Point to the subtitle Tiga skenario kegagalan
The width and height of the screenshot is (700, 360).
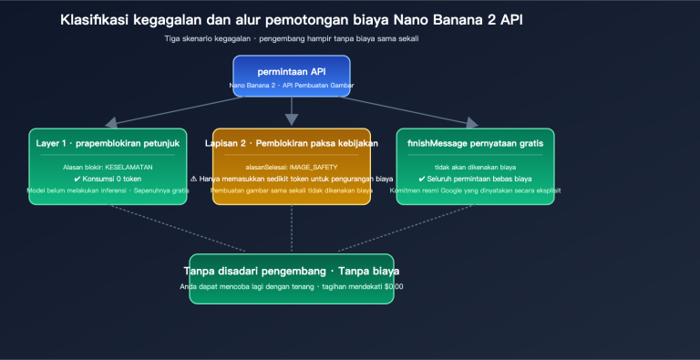tap(292, 38)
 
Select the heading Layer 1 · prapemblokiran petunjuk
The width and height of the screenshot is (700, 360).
tap(108, 143)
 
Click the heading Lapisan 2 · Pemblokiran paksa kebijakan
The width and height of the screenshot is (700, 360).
tap(292, 143)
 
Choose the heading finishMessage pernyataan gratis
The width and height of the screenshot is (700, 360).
tap(475, 143)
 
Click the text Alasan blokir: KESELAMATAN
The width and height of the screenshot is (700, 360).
tap(108, 167)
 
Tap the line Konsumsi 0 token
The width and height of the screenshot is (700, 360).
tap(108, 179)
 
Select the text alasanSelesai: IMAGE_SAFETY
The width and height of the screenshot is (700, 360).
tap(292, 167)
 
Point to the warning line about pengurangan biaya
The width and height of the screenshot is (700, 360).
tap(292, 179)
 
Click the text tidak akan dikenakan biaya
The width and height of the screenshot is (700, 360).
tap(475, 167)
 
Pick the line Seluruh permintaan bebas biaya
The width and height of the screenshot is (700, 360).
tap(475, 179)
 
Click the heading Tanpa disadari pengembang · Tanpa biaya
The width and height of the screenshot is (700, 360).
tap(292, 271)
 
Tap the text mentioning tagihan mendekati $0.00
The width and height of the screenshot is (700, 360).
tap(292, 286)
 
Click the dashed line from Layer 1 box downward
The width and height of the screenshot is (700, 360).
tap(164, 228)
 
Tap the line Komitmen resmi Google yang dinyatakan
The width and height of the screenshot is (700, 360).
tap(475, 190)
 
